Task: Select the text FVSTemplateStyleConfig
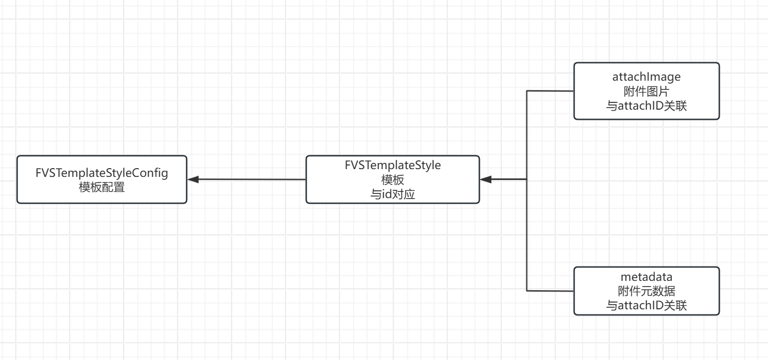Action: [102, 173]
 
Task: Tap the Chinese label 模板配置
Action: [102, 187]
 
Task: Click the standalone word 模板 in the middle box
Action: [393, 179]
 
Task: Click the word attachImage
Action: [646, 77]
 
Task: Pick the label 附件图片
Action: [646, 91]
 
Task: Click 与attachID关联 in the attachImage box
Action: [646, 106]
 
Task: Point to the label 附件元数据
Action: [646, 291]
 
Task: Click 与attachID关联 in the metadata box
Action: [646, 306]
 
